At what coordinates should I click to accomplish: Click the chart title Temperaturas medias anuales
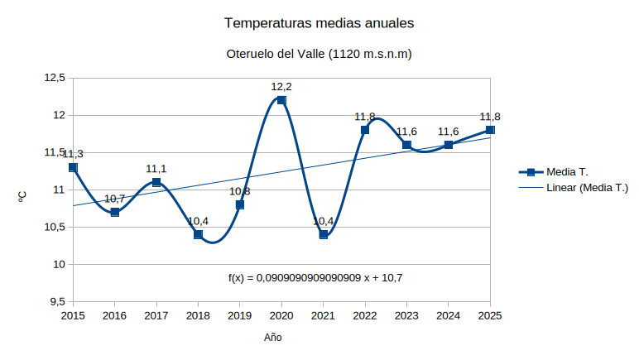(319, 23)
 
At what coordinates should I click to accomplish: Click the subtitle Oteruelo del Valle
(319, 55)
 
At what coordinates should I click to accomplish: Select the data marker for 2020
(281, 100)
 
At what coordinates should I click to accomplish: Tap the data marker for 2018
(198, 234)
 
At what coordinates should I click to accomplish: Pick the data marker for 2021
(324, 234)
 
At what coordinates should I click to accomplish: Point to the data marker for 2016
(115, 212)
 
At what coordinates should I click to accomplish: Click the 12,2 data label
(281, 86)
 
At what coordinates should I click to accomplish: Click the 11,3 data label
(73, 154)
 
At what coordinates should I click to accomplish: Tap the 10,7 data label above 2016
(114, 199)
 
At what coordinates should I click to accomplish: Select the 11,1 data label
(156, 169)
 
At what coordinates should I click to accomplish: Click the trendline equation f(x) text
(315, 278)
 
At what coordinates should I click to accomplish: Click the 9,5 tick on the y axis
(57, 302)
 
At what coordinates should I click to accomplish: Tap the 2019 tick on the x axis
(239, 315)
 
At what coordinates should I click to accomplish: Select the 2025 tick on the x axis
(490, 315)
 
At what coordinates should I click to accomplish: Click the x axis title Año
(273, 338)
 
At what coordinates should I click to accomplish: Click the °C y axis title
(22, 196)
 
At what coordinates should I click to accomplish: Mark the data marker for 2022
(365, 130)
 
